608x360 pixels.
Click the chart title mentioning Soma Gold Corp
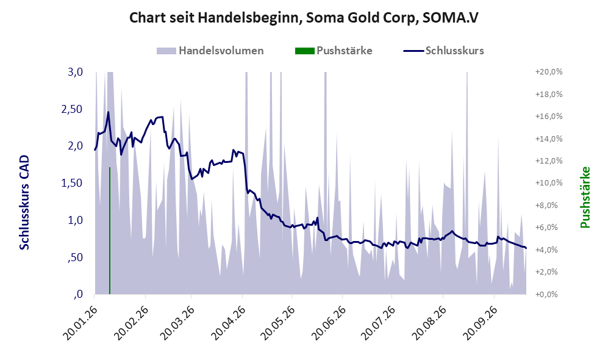point(304,18)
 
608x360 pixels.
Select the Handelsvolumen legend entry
point(210,51)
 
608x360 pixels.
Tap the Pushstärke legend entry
point(334,51)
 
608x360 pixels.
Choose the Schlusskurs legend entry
point(443,51)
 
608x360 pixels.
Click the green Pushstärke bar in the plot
point(110,231)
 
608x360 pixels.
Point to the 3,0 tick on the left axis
point(75,72)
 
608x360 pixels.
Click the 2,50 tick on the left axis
point(72,109)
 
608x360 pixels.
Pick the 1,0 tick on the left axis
point(75,220)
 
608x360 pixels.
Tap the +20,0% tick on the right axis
point(549,72)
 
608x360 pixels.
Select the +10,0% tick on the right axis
point(549,183)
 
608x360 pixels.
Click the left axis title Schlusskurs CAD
point(24,202)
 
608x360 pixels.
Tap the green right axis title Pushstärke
point(585,197)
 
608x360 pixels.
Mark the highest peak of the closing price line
point(108,112)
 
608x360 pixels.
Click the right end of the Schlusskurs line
point(526,248)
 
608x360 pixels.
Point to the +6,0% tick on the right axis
point(549,228)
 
